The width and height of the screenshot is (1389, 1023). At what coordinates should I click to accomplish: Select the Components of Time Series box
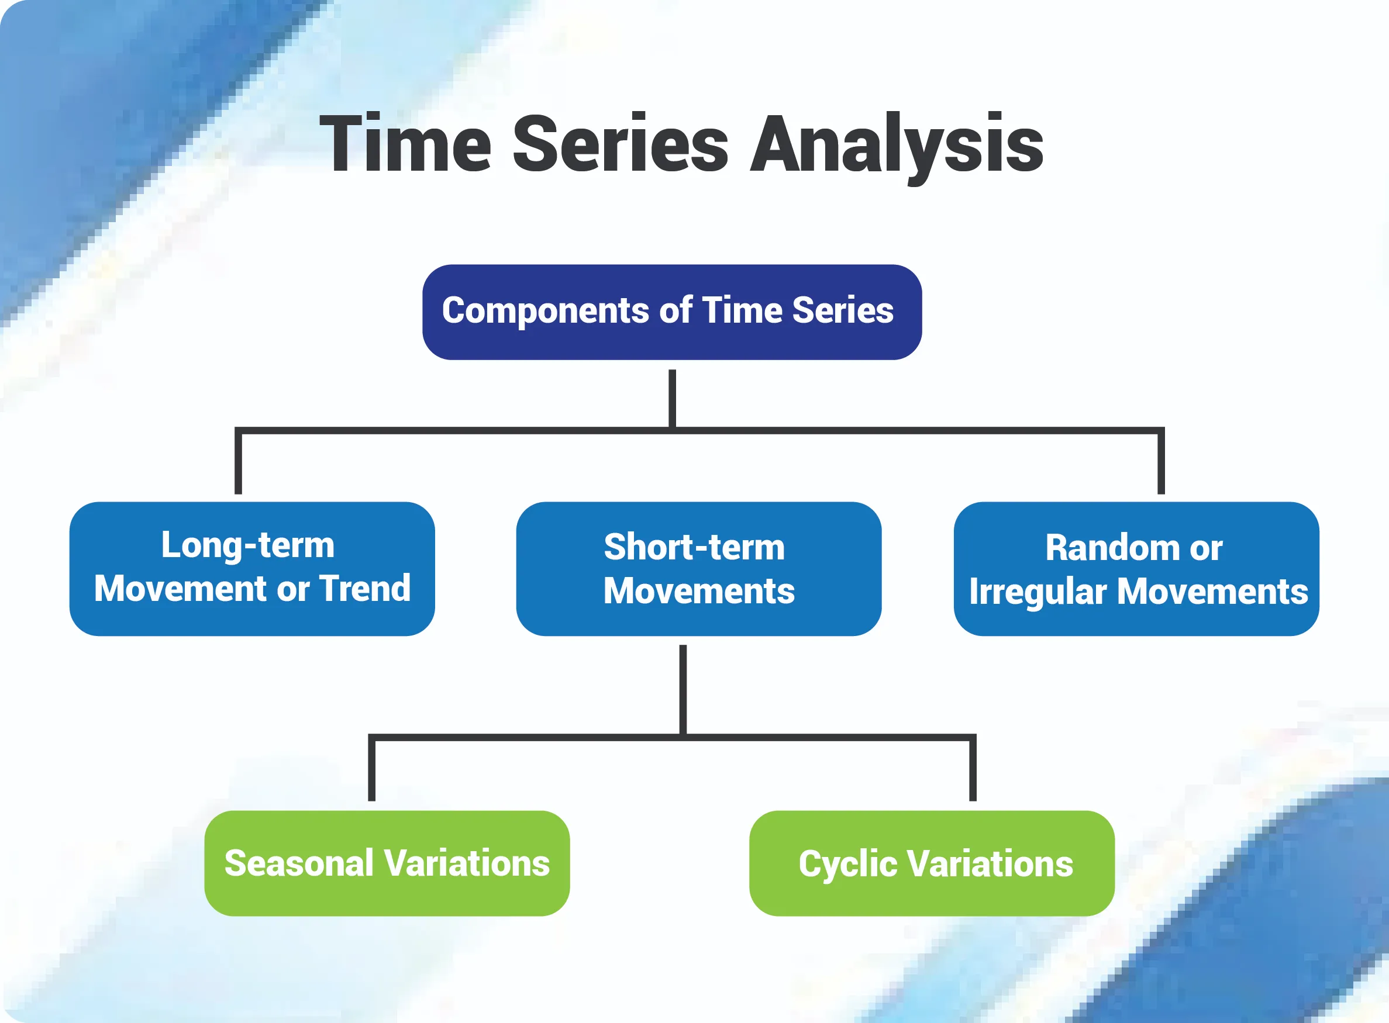[671, 312]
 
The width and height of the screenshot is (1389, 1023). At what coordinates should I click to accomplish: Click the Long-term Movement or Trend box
[252, 568]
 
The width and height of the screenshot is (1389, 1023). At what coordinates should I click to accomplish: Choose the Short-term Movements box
[699, 568]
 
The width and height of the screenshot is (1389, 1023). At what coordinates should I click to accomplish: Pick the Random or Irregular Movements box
[1136, 568]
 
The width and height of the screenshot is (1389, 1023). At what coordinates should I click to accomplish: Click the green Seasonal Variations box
[387, 863]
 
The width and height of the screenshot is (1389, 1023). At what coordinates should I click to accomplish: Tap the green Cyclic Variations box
[932, 863]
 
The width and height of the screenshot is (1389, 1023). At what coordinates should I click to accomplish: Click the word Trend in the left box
[366, 588]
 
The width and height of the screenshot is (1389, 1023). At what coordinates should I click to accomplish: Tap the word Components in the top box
[546, 311]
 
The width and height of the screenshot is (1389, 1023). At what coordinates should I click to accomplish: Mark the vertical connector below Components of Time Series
[672, 398]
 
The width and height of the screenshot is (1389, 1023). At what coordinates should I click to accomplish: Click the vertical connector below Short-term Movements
[683, 690]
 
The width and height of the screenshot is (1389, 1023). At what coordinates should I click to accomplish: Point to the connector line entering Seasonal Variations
[372, 768]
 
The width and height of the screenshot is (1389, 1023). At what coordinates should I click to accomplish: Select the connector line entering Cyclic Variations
[973, 768]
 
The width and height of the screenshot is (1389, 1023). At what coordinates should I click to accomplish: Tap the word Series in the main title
[621, 143]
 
